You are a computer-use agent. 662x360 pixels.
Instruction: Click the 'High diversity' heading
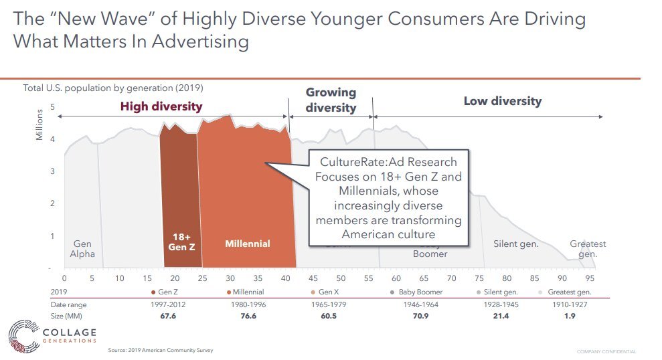161,106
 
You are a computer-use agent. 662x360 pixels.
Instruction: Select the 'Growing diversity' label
331,100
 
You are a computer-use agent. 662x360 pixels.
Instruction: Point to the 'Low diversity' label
502,102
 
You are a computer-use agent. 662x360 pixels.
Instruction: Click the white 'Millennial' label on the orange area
247,244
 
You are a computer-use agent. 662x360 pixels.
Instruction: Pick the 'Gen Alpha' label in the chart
82,249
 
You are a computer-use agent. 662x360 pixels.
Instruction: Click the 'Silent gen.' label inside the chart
515,244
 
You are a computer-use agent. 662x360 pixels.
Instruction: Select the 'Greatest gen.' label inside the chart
588,249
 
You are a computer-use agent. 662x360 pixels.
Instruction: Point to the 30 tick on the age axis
230,278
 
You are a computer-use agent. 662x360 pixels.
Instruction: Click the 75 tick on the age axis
479,278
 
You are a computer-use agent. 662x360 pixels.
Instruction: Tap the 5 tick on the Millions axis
53,107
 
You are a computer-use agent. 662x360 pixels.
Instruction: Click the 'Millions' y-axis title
39,125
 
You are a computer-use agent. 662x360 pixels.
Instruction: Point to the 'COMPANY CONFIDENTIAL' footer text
606,352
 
